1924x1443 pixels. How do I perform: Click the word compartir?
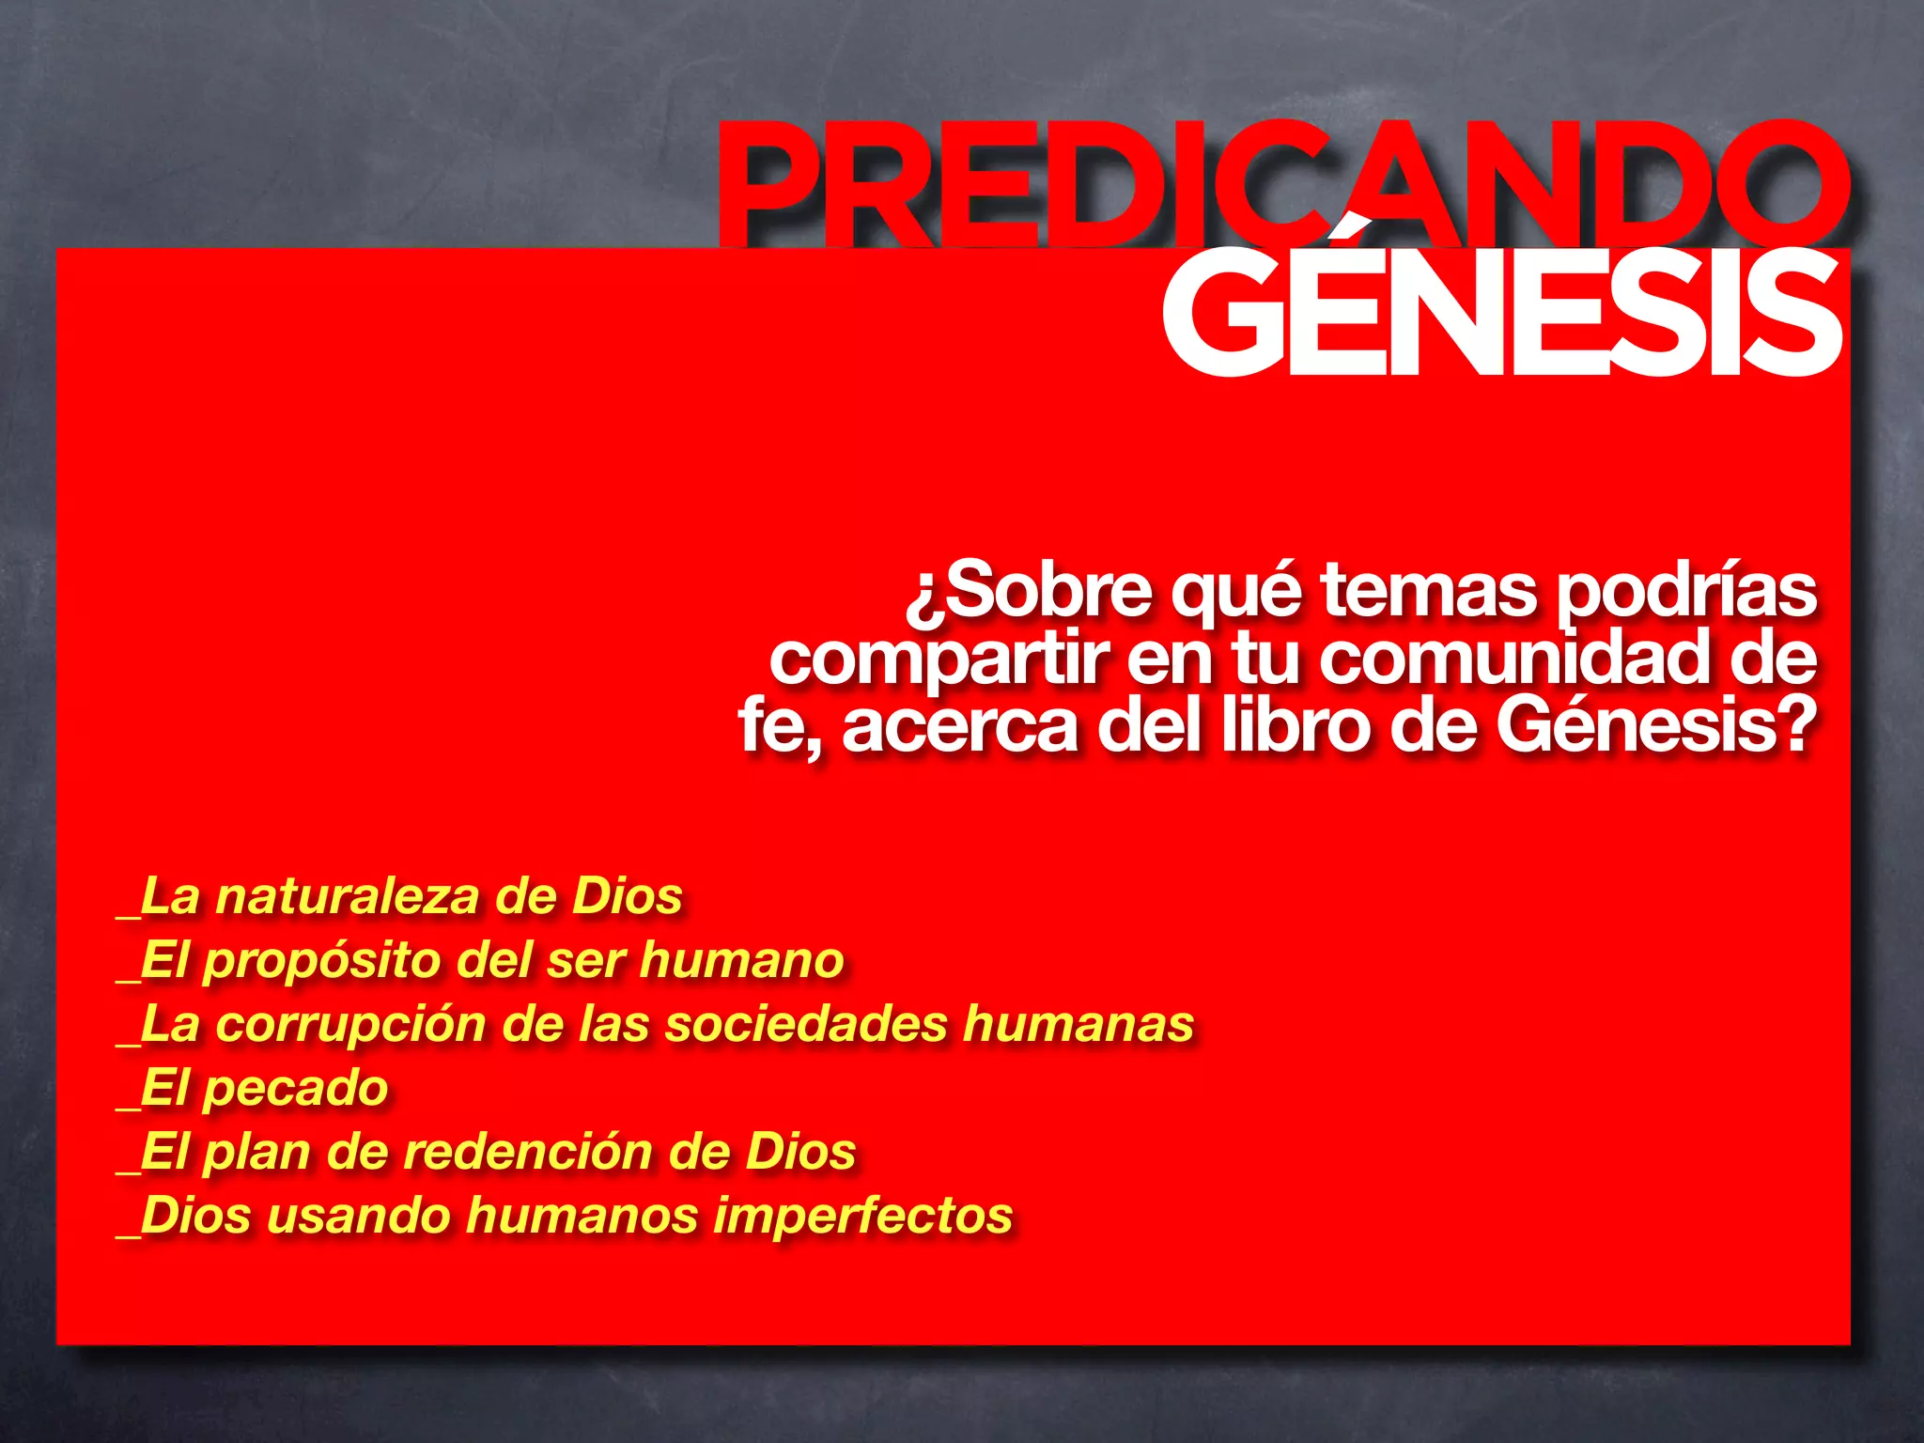[939, 659]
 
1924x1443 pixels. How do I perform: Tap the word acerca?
[959, 726]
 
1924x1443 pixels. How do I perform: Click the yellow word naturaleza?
[348, 896]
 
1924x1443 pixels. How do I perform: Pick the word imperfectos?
[863, 1216]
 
